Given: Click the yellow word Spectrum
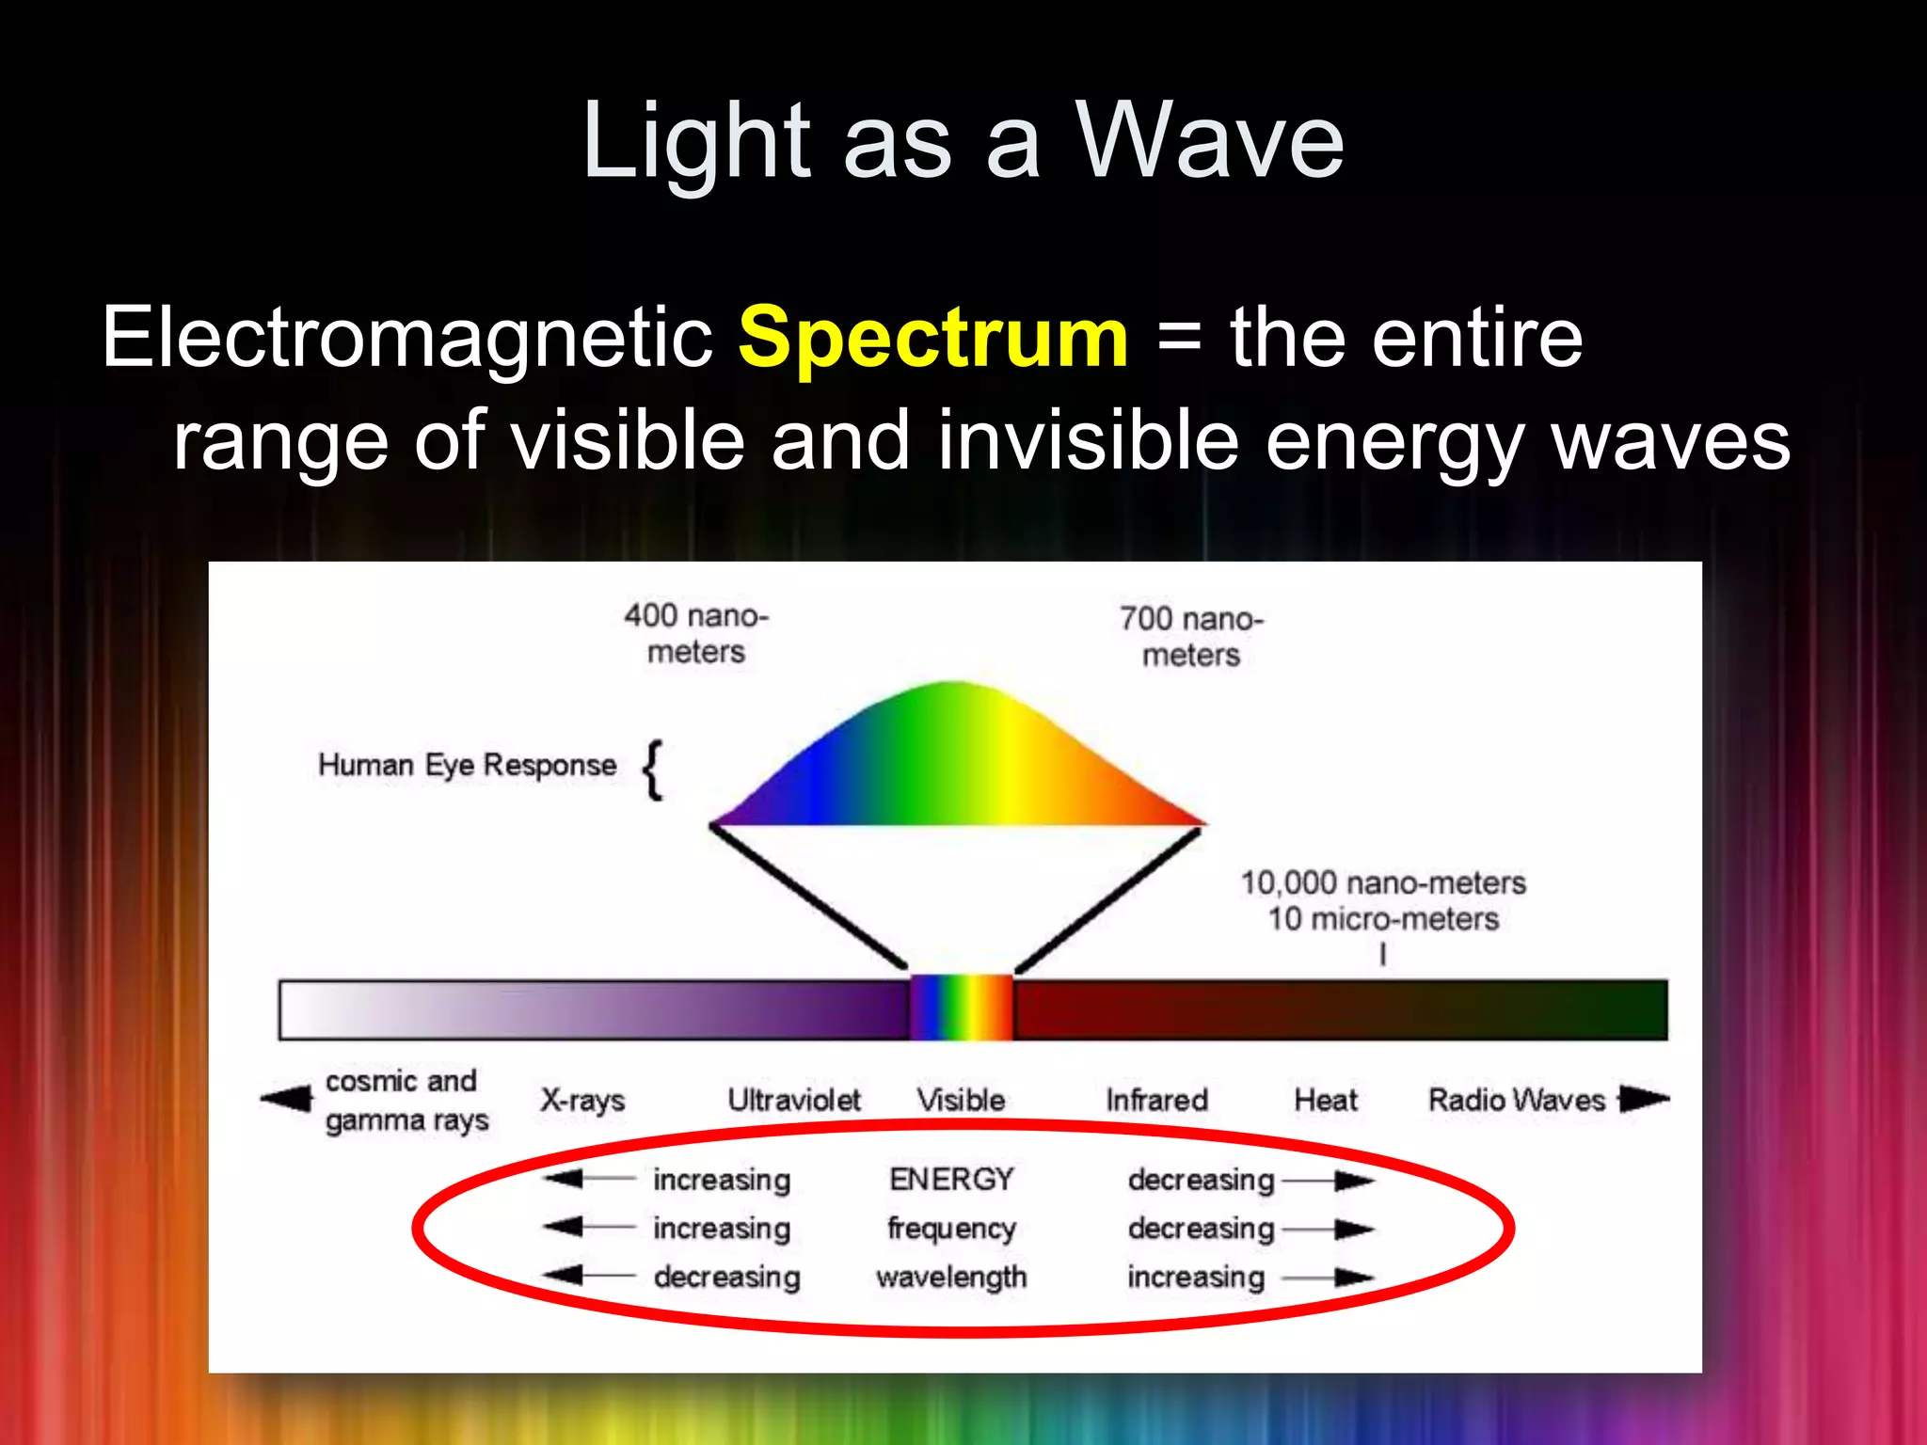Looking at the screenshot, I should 932,339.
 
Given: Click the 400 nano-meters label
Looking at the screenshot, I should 696,633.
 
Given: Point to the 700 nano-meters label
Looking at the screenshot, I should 1191,637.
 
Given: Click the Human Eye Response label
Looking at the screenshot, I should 467,765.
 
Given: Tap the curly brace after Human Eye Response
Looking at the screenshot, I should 653,770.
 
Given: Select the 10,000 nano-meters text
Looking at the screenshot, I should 1382,883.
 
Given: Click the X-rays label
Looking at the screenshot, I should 582,1100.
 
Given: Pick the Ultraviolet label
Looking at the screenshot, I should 793,1100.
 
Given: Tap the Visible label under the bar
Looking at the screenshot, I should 961,1100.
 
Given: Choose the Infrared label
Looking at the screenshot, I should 1156,1100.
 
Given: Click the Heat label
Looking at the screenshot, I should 1325,1100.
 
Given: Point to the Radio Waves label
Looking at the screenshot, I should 1516,1100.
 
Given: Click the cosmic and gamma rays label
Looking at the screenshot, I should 406,1101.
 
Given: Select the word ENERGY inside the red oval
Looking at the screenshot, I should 951,1179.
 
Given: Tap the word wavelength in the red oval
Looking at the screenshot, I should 951,1278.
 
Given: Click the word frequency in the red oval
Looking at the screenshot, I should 951,1229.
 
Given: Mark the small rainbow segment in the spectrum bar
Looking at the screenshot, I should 961,1008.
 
